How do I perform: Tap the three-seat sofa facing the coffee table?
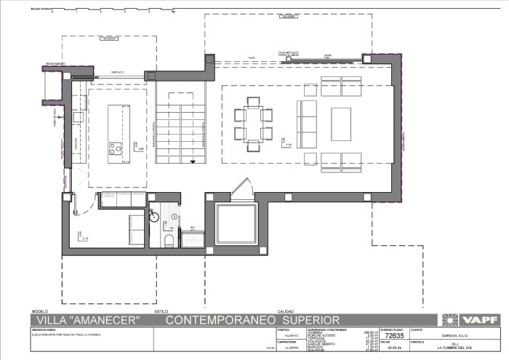(x=307, y=119)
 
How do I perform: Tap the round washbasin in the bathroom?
(x=153, y=215)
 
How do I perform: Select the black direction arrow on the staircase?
(x=193, y=161)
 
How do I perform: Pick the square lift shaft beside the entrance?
(x=237, y=225)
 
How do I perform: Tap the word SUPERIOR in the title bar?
(x=311, y=320)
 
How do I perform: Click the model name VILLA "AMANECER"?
(x=87, y=320)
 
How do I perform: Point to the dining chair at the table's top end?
(x=253, y=101)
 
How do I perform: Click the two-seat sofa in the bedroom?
(x=137, y=228)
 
